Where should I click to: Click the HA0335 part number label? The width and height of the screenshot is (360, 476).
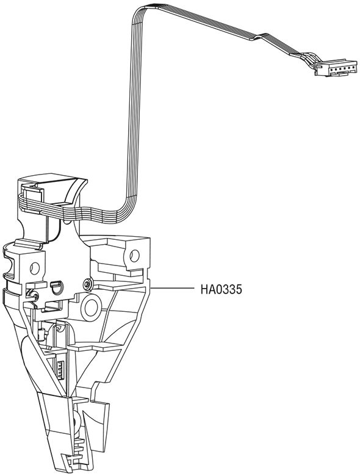coord(221,289)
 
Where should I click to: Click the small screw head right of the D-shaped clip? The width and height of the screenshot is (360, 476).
coord(87,284)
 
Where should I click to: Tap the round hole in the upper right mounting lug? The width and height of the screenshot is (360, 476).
coord(134,254)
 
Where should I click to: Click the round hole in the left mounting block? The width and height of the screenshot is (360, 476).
coord(35,267)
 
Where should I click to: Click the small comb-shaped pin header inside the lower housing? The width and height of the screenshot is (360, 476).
coord(60,369)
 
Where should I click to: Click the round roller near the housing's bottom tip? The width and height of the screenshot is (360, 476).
coord(76,421)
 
